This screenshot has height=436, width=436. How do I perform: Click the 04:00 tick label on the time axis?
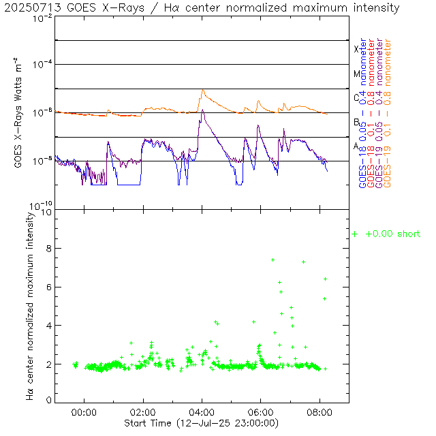[x=202, y=412]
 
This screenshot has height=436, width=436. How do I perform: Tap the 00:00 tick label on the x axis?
[x=84, y=412]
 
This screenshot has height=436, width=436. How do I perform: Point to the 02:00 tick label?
[x=143, y=412]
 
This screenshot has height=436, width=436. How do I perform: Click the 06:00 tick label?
[x=261, y=412]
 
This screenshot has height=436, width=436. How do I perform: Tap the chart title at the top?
[x=201, y=8]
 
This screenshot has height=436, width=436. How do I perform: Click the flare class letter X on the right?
[x=356, y=49]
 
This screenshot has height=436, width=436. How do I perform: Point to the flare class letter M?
[x=356, y=74]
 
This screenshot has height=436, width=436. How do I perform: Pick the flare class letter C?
[x=356, y=97]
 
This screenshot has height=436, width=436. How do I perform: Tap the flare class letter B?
[x=356, y=122]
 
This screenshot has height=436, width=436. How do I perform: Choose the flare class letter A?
[x=356, y=146]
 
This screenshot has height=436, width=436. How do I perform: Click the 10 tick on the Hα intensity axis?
[x=46, y=213]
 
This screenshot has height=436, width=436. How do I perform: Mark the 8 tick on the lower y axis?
[x=49, y=249]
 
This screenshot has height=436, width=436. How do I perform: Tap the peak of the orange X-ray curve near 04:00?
[x=202, y=89]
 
